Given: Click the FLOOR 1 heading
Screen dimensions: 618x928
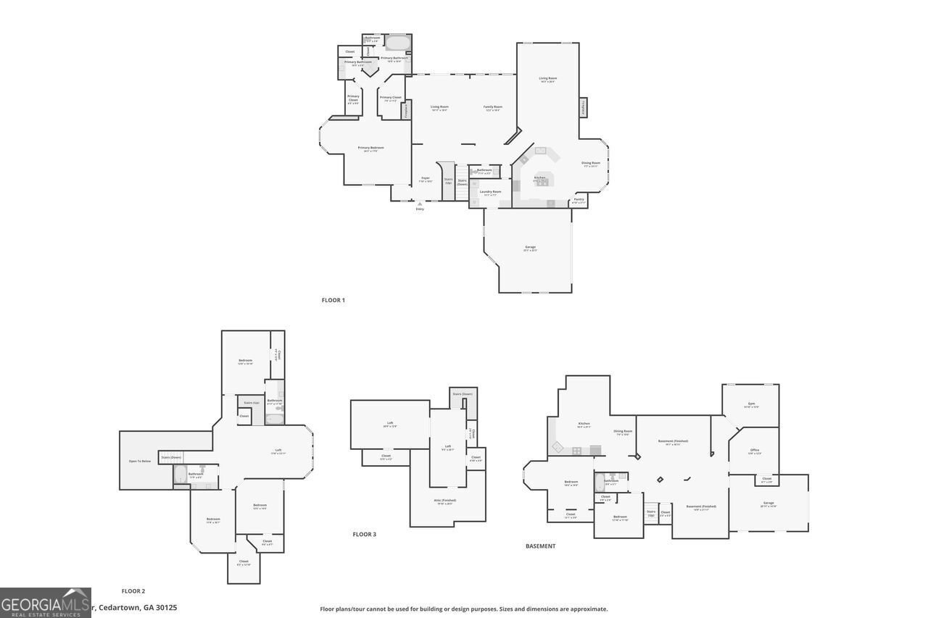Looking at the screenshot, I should pos(333,300).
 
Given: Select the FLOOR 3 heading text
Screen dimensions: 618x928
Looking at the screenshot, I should pos(364,535).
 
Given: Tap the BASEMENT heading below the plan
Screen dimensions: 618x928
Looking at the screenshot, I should pos(540,546).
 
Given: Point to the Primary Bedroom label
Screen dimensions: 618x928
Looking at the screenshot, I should pos(370,149).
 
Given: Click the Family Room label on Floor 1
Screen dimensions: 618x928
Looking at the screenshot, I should pos(493,108).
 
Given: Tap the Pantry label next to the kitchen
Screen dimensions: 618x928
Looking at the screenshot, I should pos(579,200).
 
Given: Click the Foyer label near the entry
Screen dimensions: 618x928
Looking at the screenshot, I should pos(426,179).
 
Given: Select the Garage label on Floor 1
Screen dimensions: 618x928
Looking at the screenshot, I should pos(531,248).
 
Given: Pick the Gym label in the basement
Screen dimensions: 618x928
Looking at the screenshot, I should pos(751,404).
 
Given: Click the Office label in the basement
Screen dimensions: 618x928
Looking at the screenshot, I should pos(755,451).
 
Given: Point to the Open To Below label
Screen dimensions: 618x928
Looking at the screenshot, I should pos(140,462).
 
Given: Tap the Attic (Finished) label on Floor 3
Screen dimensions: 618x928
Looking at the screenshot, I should pos(444,501).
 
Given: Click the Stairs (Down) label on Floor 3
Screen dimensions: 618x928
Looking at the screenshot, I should pos(463,394).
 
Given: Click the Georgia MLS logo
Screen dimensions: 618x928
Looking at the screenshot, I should pos(45,603).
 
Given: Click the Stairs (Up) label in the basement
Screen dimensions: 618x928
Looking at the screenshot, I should pos(651,512).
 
